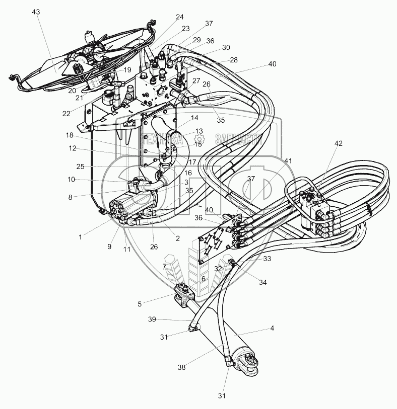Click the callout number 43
(x=36, y=11)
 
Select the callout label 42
(x=338, y=143)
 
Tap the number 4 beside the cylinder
(x=272, y=329)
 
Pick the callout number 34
(x=262, y=282)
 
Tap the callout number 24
(x=180, y=16)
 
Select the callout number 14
(x=195, y=119)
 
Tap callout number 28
(x=233, y=60)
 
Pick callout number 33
(x=268, y=259)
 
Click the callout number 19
(x=127, y=69)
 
